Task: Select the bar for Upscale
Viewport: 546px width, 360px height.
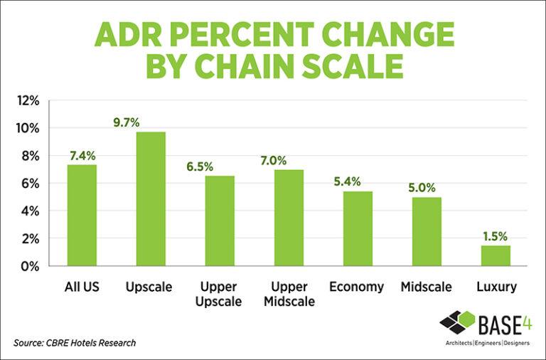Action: (x=151, y=199)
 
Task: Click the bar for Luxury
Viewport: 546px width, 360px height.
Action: (x=496, y=255)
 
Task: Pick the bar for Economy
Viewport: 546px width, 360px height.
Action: (x=358, y=228)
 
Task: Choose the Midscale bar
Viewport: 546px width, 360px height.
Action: (x=427, y=231)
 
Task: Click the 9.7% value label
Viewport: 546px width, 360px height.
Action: (x=151, y=122)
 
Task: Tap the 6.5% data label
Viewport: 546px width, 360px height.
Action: (x=220, y=166)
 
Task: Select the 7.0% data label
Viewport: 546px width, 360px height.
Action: (x=289, y=160)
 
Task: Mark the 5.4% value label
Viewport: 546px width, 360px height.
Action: (x=358, y=182)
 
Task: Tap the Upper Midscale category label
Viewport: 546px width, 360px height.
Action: (x=289, y=295)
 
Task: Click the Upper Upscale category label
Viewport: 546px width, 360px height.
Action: (x=220, y=295)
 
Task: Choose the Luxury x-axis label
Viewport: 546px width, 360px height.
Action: (x=496, y=287)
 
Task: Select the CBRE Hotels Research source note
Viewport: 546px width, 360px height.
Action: (x=75, y=343)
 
